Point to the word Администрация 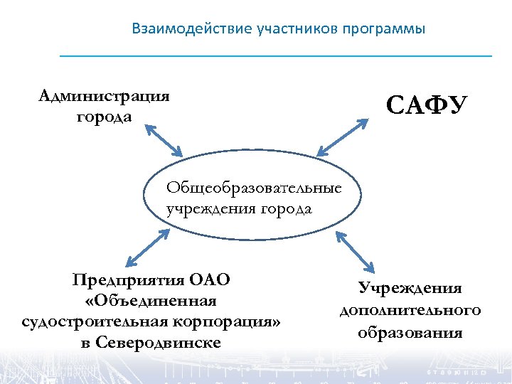click(x=105, y=96)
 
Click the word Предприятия click(x=126, y=279)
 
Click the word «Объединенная click(x=150, y=300)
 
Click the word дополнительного click(x=410, y=310)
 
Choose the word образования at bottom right click(x=410, y=332)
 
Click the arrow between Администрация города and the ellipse click(x=164, y=140)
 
